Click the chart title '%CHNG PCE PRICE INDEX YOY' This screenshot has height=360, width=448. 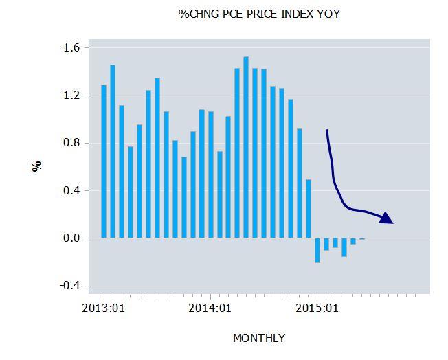259,14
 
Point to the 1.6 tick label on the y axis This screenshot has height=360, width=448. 71,48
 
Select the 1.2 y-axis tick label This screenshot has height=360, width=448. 71,95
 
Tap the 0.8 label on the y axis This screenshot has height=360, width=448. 71,143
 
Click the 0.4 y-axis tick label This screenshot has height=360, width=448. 71,190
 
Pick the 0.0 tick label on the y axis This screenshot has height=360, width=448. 71,238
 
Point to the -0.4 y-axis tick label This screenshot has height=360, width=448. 69,286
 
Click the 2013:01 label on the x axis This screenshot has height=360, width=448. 103,308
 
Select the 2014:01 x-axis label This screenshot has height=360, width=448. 210,308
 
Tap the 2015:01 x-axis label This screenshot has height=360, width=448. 317,308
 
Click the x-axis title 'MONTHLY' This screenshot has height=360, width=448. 259,338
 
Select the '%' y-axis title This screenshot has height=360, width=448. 37,166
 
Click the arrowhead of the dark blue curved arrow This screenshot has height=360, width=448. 387,218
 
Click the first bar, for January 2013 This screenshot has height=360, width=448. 104,161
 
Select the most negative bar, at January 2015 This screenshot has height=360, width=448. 317,251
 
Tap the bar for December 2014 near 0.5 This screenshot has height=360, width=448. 309,209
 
